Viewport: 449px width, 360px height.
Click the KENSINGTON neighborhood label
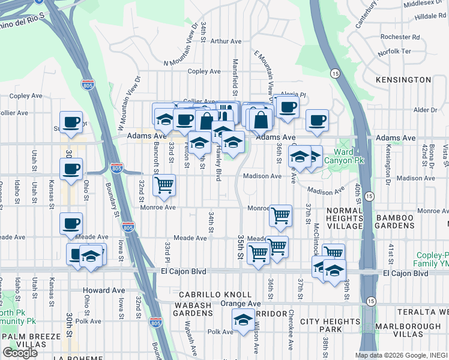pyautogui.click(x=403, y=80)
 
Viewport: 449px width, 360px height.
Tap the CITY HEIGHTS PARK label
pyautogui.click(x=330, y=326)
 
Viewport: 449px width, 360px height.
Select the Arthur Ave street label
pyautogui.click(x=226, y=41)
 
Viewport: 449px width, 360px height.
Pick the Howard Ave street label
pyautogui.click(x=104, y=290)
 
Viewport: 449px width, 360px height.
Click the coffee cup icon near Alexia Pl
pyautogui.click(x=287, y=106)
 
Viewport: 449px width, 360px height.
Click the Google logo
pyautogui.click(x=20, y=353)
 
